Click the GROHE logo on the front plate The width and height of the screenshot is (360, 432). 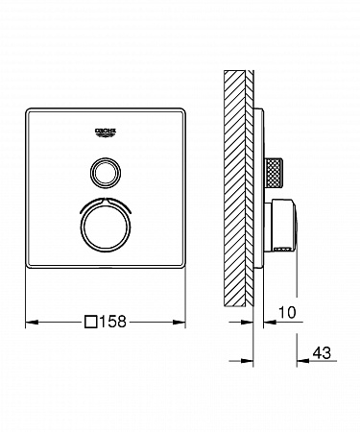tap(105, 132)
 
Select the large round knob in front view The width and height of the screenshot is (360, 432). tap(106, 228)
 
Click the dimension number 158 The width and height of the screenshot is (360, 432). tap(113, 322)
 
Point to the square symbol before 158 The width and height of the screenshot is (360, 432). tap(91, 322)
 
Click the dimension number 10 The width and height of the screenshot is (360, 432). tap(287, 312)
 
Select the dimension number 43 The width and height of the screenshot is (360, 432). tap(322, 353)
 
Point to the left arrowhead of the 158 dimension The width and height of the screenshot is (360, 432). tap(32, 322)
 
